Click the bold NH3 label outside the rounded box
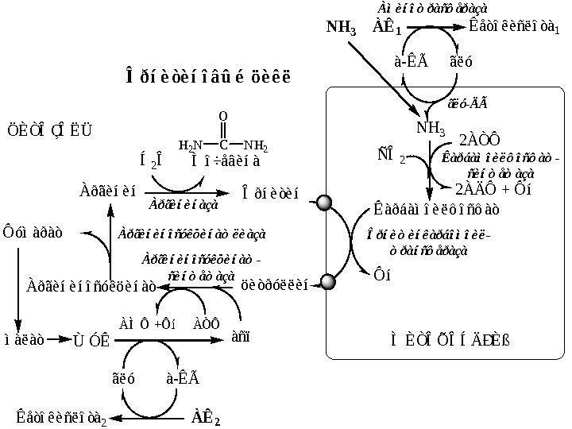pyautogui.click(x=342, y=27)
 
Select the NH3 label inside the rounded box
pyautogui.click(x=431, y=129)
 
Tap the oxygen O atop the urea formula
pyautogui.click(x=223, y=117)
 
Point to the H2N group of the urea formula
pyautogui.click(x=191, y=146)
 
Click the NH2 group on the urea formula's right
pyautogui.click(x=255, y=146)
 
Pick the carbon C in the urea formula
pyautogui.click(x=223, y=145)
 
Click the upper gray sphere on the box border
pyautogui.click(x=323, y=203)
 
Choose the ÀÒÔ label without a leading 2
pyautogui.click(x=206, y=323)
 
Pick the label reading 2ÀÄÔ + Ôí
pyautogui.click(x=492, y=189)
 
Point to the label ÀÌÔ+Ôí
pyautogui.click(x=148, y=323)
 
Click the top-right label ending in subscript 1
pyautogui.click(x=514, y=25)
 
